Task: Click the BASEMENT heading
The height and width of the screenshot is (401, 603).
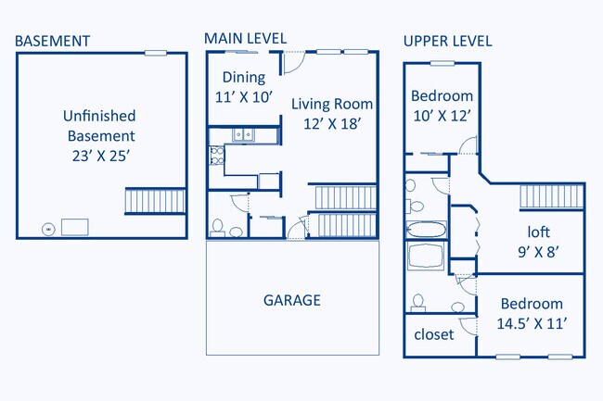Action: (x=52, y=41)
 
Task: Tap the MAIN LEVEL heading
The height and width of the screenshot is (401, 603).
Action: (x=245, y=38)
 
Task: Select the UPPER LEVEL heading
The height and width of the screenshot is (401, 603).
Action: (x=448, y=41)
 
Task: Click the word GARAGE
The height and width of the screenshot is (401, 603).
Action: (x=292, y=300)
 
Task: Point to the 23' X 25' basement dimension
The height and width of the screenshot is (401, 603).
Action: (x=101, y=156)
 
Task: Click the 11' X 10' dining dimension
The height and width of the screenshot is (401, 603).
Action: (x=244, y=97)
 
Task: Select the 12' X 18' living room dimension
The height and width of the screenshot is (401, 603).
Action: (x=332, y=124)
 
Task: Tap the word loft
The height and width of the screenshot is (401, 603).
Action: (x=538, y=232)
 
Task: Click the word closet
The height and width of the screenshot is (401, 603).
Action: (x=434, y=334)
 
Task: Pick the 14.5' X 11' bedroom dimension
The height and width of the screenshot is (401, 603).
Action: (x=532, y=323)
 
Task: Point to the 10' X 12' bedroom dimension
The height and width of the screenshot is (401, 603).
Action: (x=443, y=116)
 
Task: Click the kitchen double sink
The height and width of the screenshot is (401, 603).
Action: (x=243, y=135)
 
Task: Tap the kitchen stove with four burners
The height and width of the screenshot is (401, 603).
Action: (x=216, y=155)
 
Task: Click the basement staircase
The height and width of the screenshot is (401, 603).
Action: (x=155, y=201)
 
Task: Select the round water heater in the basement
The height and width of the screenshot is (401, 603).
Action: (x=48, y=230)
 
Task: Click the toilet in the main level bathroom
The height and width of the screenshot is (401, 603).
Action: (x=218, y=228)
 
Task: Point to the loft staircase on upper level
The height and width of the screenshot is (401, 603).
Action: (x=551, y=197)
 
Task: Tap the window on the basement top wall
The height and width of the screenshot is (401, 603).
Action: (x=155, y=53)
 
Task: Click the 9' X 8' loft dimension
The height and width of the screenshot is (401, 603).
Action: (x=538, y=252)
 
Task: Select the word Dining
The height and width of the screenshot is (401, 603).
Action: (x=244, y=78)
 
